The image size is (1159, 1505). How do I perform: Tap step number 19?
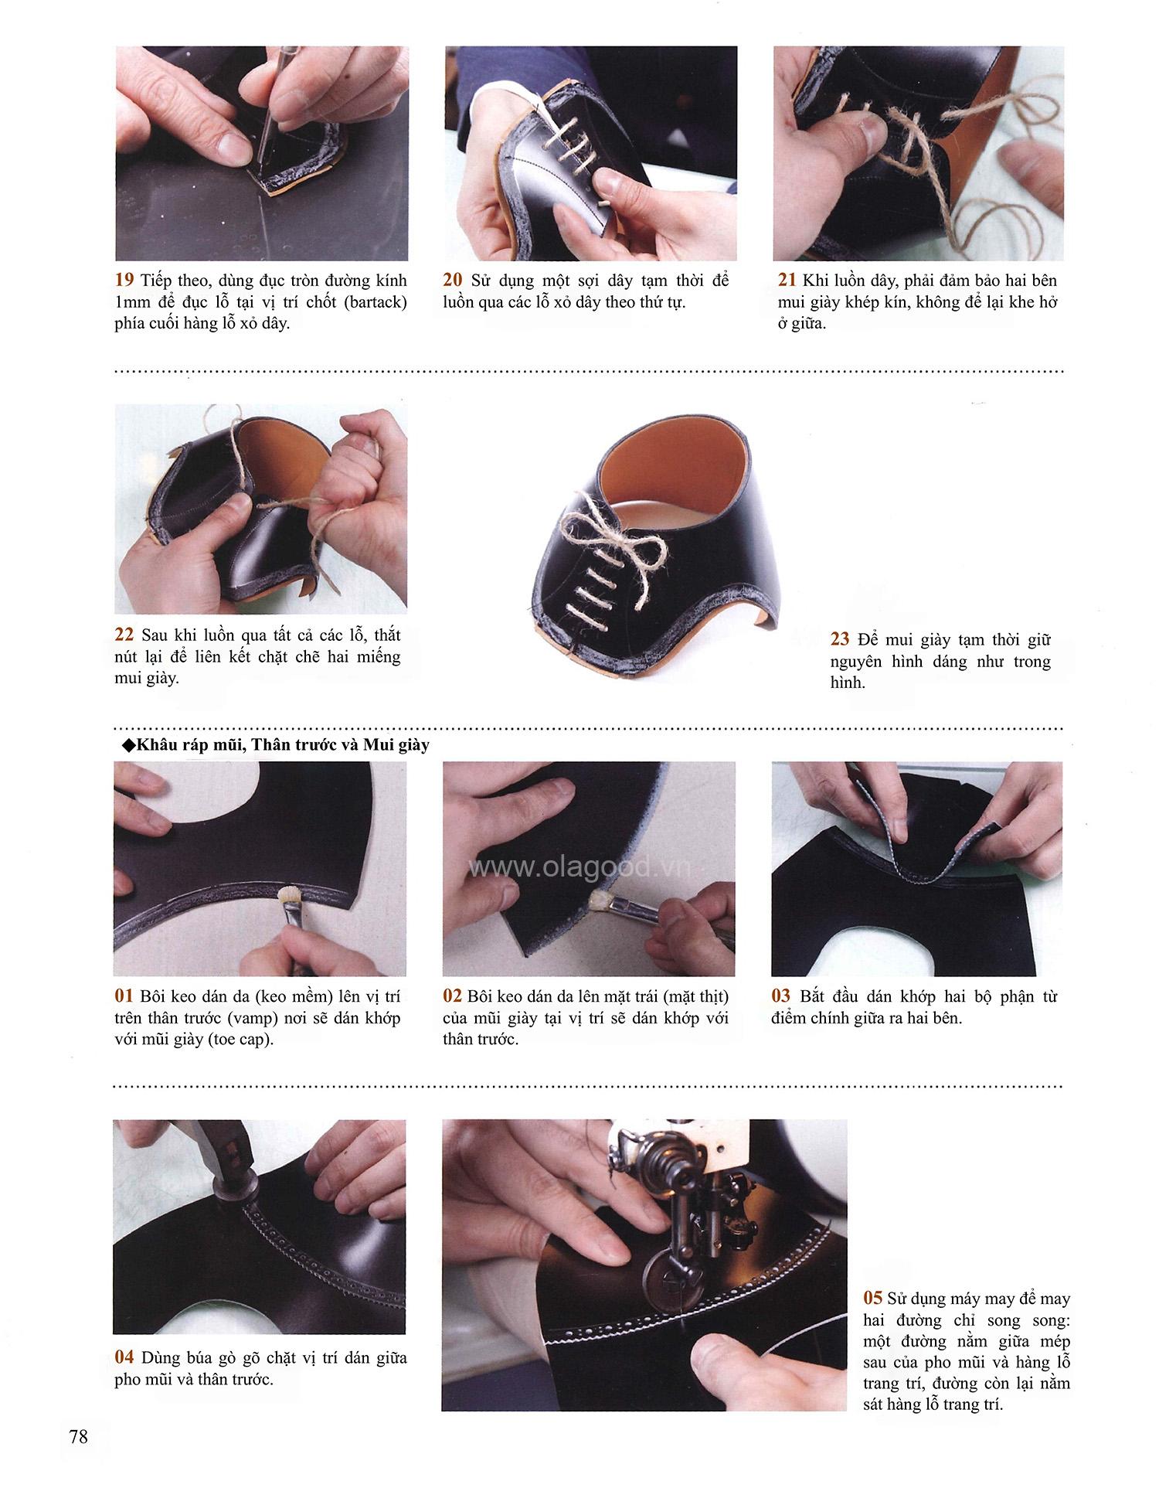pyautogui.click(x=124, y=280)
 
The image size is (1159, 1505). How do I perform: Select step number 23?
pyautogui.click(x=840, y=639)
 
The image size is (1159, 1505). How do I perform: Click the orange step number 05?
pyautogui.click(x=873, y=1298)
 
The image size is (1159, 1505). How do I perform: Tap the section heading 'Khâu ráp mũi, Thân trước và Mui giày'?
pyautogui.click(x=282, y=746)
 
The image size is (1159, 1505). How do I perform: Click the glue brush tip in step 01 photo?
pyautogui.click(x=288, y=894)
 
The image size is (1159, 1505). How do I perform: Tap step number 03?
pyautogui.click(x=781, y=996)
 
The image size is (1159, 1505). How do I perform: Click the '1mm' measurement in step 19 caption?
pyautogui.click(x=132, y=301)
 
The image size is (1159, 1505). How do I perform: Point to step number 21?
pyautogui.click(x=787, y=280)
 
